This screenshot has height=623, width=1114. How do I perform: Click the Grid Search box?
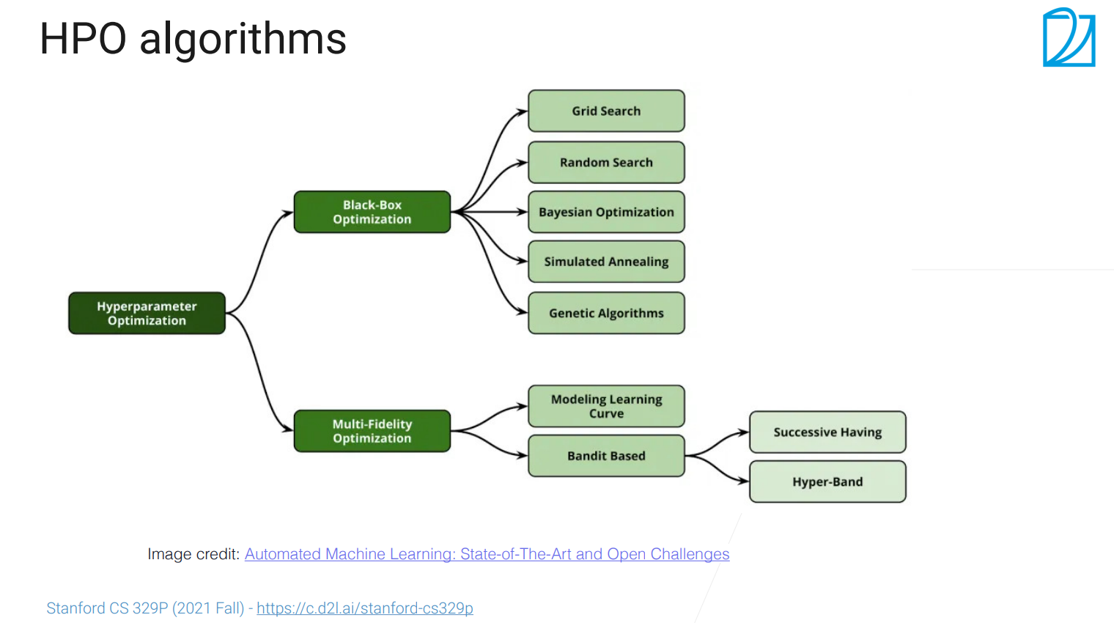606,111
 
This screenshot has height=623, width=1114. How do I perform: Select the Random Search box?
606,163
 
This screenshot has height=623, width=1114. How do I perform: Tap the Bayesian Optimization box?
606,213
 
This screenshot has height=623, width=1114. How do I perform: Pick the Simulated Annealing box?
606,262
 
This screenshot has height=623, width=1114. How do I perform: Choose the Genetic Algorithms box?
606,313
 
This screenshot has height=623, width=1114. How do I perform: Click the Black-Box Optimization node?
372,213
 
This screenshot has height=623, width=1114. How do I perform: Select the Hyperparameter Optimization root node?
147,313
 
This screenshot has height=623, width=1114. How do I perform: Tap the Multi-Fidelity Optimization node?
372,431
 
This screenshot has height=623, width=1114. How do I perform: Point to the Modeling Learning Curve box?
606,406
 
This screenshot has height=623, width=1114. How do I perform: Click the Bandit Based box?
606,456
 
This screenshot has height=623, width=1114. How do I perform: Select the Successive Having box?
827,432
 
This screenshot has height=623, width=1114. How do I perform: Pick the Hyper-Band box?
827,482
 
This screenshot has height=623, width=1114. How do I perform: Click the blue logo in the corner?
1069,37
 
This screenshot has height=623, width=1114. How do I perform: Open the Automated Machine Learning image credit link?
487,554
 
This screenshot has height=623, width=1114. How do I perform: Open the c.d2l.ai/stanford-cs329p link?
365,608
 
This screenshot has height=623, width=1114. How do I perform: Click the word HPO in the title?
83,39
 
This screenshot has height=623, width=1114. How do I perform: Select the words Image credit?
193,554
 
